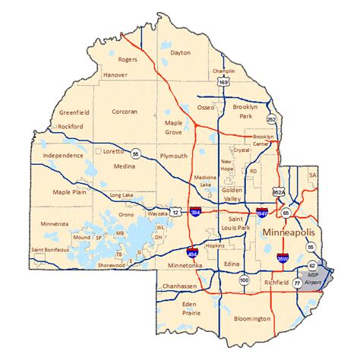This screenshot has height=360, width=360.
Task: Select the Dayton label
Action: (x=181, y=52)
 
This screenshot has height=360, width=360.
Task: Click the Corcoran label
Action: (x=125, y=111)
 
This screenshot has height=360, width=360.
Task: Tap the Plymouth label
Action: (x=173, y=156)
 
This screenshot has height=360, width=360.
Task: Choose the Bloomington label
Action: (x=253, y=318)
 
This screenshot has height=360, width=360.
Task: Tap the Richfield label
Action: (x=266, y=280)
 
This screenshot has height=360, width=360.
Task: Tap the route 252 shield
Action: (x=272, y=120)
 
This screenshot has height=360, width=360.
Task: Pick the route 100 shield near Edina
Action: (x=243, y=281)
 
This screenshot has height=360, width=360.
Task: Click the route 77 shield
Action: (x=297, y=282)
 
